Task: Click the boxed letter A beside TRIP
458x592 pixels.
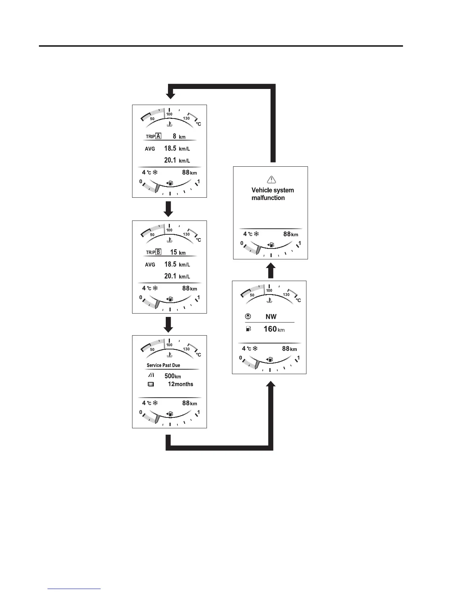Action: [158, 136]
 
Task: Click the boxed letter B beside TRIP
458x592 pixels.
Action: [158, 252]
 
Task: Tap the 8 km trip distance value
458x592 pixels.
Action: [179, 136]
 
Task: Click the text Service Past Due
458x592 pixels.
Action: [163, 365]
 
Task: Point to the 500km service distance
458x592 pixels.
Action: [172, 376]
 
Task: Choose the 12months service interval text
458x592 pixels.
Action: [180, 384]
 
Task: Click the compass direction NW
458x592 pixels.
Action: [271, 317]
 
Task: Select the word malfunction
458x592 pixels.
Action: [268, 198]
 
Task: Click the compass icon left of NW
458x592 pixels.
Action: [248, 317]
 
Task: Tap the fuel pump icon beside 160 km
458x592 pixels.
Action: [248, 329]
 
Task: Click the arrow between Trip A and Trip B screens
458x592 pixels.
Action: [169, 209]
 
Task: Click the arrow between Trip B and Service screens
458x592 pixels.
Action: [169, 324]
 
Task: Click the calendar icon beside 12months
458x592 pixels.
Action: [151, 384]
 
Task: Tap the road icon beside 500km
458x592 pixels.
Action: [151, 376]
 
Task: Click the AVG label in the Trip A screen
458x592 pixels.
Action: [150, 149]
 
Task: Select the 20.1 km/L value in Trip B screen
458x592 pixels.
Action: [177, 276]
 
